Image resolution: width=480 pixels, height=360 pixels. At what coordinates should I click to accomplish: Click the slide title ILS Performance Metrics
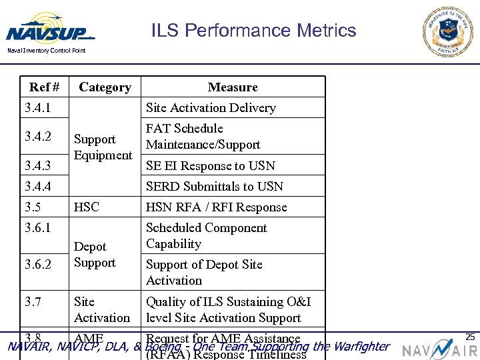pyautogui.click(x=253, y=31)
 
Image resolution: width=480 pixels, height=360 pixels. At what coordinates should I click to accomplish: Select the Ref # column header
pyautogui.click(x=44, y=87)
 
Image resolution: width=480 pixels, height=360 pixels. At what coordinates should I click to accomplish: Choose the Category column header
pyautogui.click(x=105, y=87)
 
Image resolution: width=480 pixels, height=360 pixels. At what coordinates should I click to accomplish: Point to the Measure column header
pyautogui.click(x=233, y=87)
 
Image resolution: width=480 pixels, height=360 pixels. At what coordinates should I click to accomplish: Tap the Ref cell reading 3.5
pyautogui.click(x=33, y=207)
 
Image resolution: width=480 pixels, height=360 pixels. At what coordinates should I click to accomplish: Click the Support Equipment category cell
pyautogui.click(x=103, y=147)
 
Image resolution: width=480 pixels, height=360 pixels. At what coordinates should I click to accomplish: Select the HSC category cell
pyautogui.click(x=87, y=207)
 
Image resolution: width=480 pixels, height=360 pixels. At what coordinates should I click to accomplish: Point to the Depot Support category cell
pyautogui.click(x=95, y=255)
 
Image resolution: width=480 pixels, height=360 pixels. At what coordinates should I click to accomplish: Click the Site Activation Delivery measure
pyautogui.click(x=211, y=108)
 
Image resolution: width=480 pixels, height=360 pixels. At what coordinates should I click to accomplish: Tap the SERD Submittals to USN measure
pyautogui.click(x=215, y=187)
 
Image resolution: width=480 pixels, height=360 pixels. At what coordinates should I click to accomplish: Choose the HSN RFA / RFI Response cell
pyautogui.click(x=216, y=207)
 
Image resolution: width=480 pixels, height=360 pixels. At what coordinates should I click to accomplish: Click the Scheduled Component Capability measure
pyautogui.click(x=207, y=236)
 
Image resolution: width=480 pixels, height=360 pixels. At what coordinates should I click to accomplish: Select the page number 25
pyautogui.click(x=470, y=337)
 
